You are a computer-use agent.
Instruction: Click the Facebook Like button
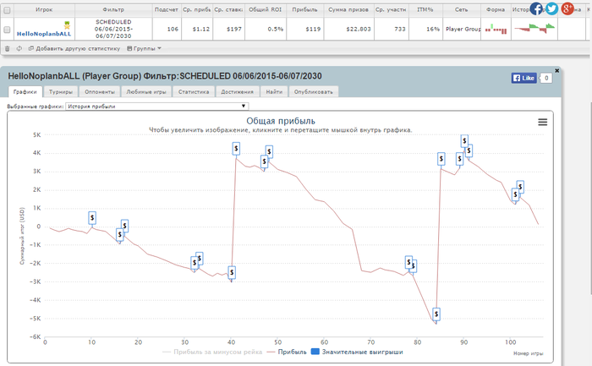523,78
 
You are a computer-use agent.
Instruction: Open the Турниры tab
61,91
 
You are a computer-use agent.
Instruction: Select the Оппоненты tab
100,91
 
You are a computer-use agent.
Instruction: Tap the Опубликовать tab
315,91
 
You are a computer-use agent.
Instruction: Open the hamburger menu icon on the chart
542,123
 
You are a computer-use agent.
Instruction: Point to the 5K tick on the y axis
36,134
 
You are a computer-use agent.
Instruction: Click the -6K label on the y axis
36,337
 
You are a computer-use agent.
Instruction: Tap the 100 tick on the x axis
509,342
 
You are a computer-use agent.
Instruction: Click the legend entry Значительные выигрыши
359,351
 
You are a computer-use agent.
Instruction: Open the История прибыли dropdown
157,107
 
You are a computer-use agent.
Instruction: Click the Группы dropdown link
144,48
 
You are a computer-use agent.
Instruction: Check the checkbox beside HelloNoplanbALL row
8,28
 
